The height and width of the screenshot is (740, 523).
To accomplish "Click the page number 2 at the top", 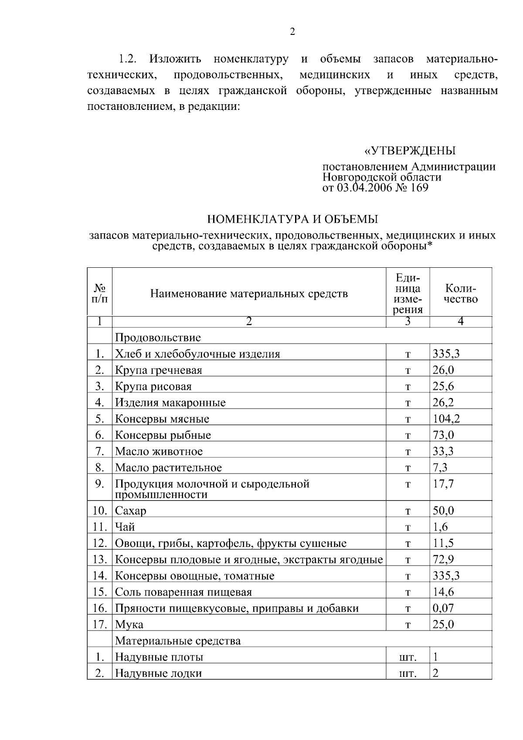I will click(292, 31).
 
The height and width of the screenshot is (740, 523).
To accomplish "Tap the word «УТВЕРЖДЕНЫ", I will click(410, 151).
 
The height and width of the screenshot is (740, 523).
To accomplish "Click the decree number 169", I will click(419, 188).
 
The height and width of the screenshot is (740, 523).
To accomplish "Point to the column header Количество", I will click(461, 294).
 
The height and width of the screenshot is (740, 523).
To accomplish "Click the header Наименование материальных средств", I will click(249, 293).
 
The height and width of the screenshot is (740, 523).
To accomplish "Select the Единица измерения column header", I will click(408, 293).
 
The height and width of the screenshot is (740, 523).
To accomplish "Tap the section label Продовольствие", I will click(158, 338).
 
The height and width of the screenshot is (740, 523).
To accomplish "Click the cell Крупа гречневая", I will click(159, 370).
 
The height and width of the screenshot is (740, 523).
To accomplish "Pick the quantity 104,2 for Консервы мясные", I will click(446, 419).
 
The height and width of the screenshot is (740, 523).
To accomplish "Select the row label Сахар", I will click(131, 511).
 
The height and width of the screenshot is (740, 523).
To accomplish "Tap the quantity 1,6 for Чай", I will click(440, 527).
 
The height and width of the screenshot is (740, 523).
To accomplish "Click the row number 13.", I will click(100, 559).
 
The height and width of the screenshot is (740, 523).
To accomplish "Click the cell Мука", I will click(129, 624).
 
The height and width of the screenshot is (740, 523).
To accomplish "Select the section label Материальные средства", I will click(178, 641).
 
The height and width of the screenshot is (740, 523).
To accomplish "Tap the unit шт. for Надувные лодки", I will click(408, 674).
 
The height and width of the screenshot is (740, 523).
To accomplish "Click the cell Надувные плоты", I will click(159, 657).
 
